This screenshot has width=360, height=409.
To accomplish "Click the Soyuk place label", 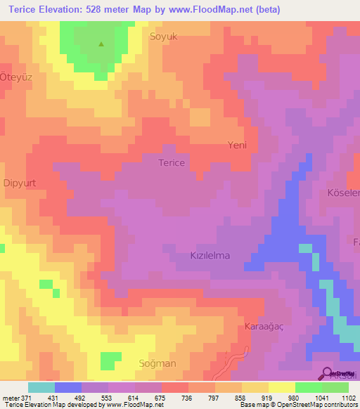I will coord(162,34).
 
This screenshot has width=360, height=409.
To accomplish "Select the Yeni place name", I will coord(238,145).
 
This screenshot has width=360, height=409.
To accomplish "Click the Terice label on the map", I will coord(172,162).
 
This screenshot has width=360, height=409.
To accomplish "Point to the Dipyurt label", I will coord(20,183).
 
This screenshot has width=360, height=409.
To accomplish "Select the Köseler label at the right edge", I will coord(344,193).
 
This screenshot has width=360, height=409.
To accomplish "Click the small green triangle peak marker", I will coord(101,44).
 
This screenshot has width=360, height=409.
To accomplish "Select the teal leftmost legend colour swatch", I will coord(41,387).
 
